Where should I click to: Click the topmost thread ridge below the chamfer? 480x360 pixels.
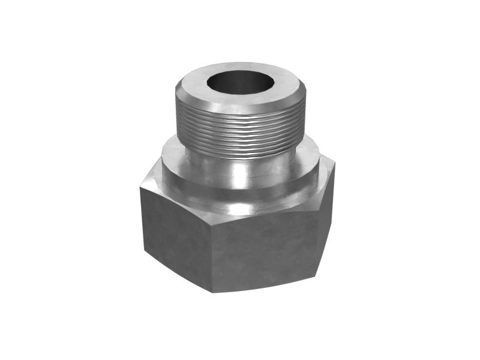pyautogui.click(x=240, y=115)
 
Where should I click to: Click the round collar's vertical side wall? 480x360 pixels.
pyautogui.click(x=240, y=191)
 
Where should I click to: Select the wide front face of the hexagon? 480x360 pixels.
pyautogui.click(x=264, y=252)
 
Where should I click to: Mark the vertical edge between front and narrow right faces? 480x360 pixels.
pyautogui.click(x=317, y=240)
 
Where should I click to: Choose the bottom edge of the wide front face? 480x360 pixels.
pyautogui.click(x=264, y=283)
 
